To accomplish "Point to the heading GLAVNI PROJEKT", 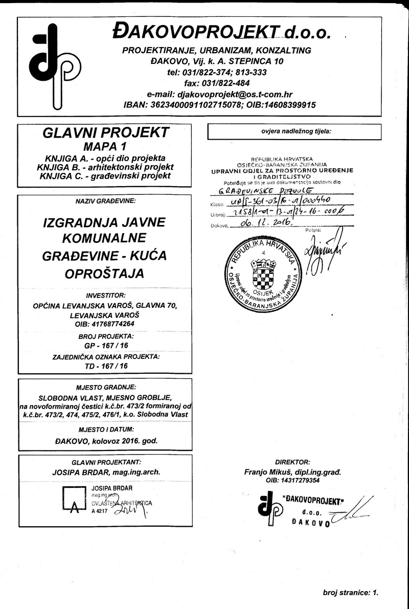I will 106,133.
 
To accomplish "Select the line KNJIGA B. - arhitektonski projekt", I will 105,167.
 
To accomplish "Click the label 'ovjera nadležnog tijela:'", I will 294,131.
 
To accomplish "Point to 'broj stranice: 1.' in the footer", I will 350,593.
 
